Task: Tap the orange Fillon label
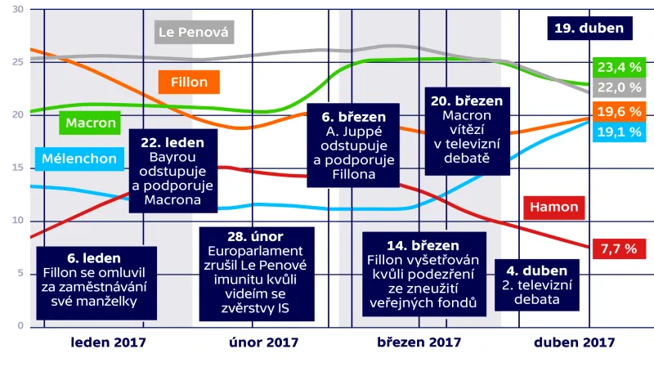tap(189, 83)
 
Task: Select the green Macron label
tap(91, 123)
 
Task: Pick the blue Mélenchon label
tap(80, 159)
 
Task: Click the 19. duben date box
tap(589, 29)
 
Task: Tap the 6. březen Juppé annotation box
tap(354, 144)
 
